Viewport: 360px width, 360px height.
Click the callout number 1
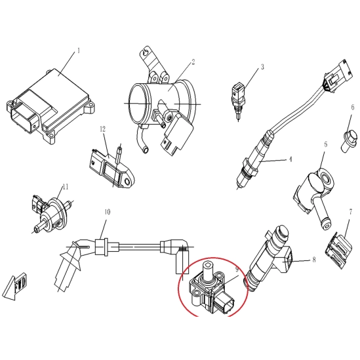(79, 50)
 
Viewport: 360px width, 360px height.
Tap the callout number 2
(193, 62)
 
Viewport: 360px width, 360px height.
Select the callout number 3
(262, 67)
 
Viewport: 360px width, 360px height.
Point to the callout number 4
(290, 159)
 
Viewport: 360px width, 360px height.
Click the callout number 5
(325, 144)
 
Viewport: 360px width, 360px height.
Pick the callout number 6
(352, 108)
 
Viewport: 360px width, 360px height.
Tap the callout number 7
(350, 212)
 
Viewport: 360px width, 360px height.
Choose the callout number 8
(314, 260)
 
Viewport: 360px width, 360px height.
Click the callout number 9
(237, 270)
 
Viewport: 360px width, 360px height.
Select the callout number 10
(108, 212)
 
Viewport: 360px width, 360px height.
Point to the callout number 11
(66, 187)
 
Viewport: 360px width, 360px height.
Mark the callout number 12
(103, 129)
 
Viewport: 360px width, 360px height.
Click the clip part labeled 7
(338, 250)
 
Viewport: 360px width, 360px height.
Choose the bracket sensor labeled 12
(111, 169)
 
